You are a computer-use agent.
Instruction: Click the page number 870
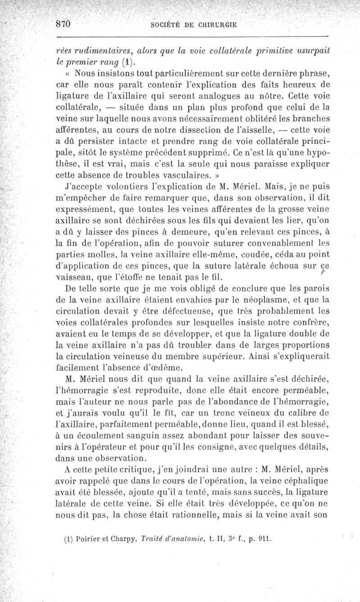pos(63,25)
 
